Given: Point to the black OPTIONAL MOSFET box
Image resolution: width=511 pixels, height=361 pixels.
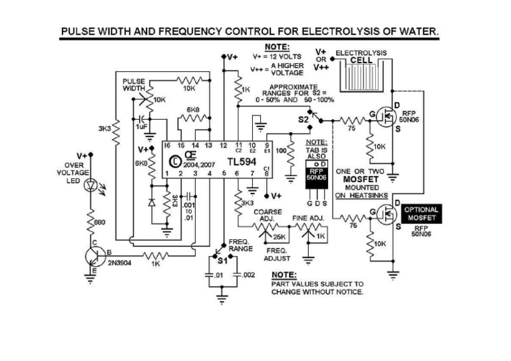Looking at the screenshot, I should click(x=421, y=214).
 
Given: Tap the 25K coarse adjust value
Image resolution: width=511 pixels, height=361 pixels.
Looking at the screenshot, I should click(x=279, y=236).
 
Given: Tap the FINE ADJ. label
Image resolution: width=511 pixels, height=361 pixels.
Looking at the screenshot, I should click(x=307, y=217).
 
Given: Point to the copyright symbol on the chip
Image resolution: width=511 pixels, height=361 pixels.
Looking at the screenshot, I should click(x=174, y=160).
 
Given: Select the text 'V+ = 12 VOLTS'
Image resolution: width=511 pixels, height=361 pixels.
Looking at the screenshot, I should click(x=277, y=57).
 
